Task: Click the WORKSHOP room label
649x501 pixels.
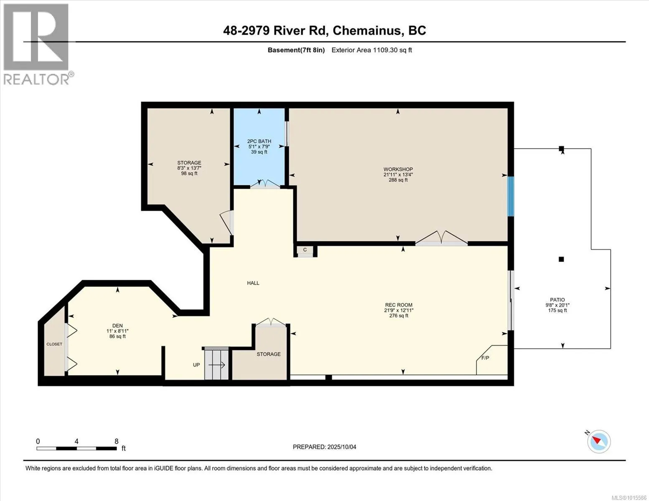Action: pyautogui.click(x=398, y=169)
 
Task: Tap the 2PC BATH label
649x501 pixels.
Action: pyautogui.click(x=259, y=141)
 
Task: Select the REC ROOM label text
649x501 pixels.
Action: pyautogui.click(x=399, y=305)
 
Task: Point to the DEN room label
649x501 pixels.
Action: pyautogui.click(x=117, y=326)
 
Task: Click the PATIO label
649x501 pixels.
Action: pyautogui.click(x=557, y=300)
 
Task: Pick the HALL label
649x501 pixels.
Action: pyautogui.click(x=253, y=283)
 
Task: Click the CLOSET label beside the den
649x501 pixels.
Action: pyautogui.click(x=54, y=344)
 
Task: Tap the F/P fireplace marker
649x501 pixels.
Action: pyautogui.click(x=485, y=358)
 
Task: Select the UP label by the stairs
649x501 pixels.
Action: pyautogui.click(x=196, y=364)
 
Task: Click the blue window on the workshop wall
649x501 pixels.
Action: pyautogui.click(x=511, y=196)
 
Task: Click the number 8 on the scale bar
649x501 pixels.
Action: pyautogui.click(x=117, y=441)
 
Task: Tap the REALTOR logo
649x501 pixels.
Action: pyautogui.click(x=37, y=44)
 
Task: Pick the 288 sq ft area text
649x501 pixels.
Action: pyautogui.click(x=398, y=180)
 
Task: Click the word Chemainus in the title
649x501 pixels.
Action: pyautogui.click(x=367, y=30)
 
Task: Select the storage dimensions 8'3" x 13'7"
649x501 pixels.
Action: pyautogui.click(x=189, y=168)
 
